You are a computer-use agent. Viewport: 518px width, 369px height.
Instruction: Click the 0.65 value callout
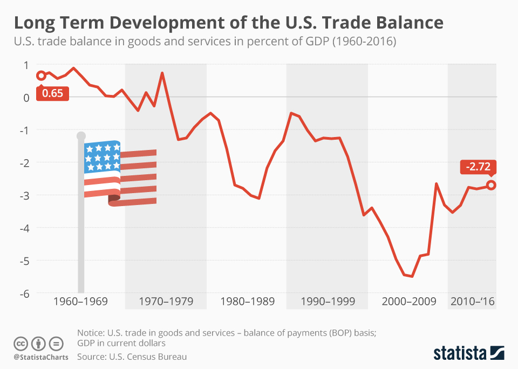click(x=53, y=93)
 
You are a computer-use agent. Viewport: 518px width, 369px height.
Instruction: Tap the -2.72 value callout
click(x=477, y=167)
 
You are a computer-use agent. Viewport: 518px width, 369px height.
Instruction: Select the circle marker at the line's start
click(x=41, y=76)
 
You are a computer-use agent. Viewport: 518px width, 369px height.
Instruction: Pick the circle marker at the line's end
click(x=491, y=185)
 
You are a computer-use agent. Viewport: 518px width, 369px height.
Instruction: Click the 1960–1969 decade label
click(x=80, y=301)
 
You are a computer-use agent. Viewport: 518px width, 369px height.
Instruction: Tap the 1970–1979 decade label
click(x=166, y=301)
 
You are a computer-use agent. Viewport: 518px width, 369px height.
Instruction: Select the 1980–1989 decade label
click(x=248, y=301)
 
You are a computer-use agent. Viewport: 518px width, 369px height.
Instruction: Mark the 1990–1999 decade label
click(x=328, y=301)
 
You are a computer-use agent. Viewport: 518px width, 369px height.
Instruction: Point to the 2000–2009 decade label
click(x=408, y=301)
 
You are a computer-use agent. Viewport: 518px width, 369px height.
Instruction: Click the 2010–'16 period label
click(x=473, y=301)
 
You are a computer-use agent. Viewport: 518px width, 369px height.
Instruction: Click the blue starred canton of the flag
click(x=102, y=156)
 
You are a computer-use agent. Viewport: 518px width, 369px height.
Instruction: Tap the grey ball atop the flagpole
click(x=81, y=136)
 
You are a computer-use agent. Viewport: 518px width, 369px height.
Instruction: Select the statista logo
click(x=469, y=353)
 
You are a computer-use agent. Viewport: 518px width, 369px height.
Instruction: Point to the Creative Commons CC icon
click(x=21, y=343)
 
